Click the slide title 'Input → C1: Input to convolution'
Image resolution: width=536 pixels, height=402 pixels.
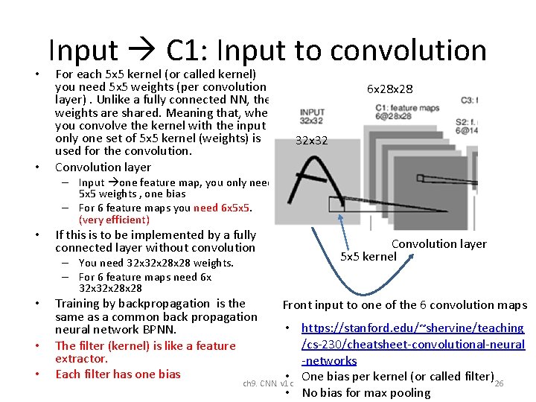point(267,50)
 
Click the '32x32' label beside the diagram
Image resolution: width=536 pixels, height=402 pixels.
point(311,140)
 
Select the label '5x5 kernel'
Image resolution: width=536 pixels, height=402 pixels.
point(368,257)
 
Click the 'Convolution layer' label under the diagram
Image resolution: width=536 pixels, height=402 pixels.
point(438,244)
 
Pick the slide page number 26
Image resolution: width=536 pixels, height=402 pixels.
point(500,383)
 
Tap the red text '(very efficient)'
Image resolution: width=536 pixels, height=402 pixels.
point(114,220)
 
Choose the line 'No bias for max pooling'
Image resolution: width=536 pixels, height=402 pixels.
point(366,393)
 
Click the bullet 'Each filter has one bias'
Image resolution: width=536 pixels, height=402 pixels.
point(118,374)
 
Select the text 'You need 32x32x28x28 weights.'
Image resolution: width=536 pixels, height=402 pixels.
point(156,263)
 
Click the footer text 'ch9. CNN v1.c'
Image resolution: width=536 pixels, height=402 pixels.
point(269,384)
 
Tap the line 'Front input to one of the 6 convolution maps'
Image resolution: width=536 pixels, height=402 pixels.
point(404,304)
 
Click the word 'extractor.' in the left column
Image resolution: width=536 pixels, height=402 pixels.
point(82,358)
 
